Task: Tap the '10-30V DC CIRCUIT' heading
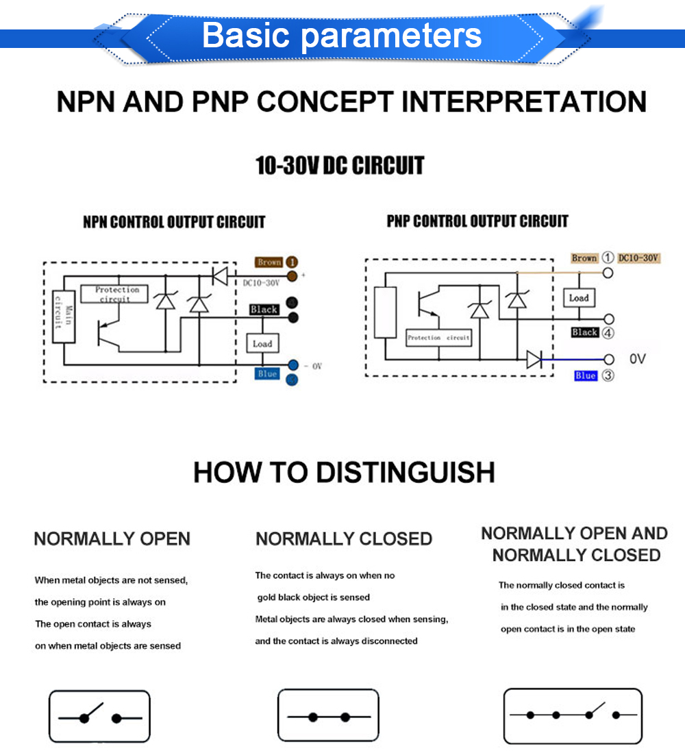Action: coord(340,166)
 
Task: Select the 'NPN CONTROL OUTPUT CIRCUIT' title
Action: coord(174,222)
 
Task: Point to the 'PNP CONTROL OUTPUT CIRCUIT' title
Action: coord(477,221)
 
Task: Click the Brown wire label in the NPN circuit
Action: coord(269,262)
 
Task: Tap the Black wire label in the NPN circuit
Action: coord(264,310)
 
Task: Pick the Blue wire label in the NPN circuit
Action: coord(267,373)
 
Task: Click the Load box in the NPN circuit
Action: coord(262,343)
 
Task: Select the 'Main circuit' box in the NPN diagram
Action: coord(64,317)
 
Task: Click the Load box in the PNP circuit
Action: coord(579,298)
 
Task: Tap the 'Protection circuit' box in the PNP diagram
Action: coord(438,338)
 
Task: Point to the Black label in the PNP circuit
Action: coord(585,332)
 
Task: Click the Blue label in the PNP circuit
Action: coord(586,375)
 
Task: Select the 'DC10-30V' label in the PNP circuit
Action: coord(638,258)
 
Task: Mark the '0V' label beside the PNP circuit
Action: coord(637,359)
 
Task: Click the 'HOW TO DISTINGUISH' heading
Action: coord(344,473)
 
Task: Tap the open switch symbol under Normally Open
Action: coord(99,716)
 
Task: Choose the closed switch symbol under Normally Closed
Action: coord(328,716)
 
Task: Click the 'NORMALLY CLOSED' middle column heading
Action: coord(344,539)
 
